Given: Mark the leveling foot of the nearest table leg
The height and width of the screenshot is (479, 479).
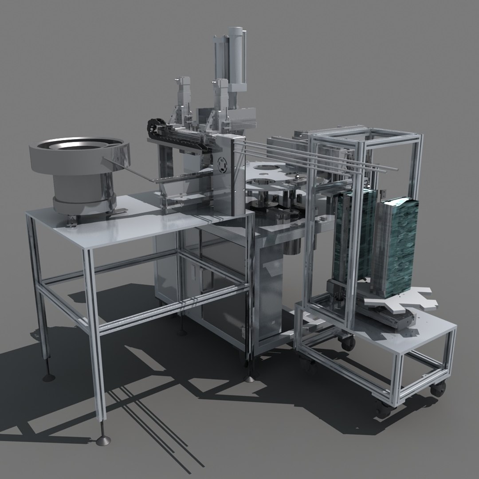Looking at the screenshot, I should click(x=103, y=440).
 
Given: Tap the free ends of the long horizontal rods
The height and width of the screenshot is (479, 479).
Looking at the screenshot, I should click(x=390, y=168).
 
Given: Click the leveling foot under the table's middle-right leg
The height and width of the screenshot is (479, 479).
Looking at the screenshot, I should click(x=250, y=378).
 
